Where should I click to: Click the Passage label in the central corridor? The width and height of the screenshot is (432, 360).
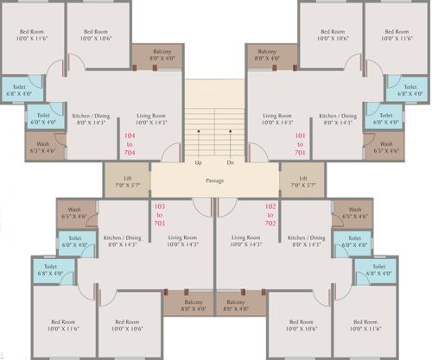(x=215, y=180)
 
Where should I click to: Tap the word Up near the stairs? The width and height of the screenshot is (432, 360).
(x=199, y=162)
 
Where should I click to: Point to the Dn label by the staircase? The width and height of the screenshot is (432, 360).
(x=230, y=162)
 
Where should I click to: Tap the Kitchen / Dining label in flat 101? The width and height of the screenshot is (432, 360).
(x=338, y=119)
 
